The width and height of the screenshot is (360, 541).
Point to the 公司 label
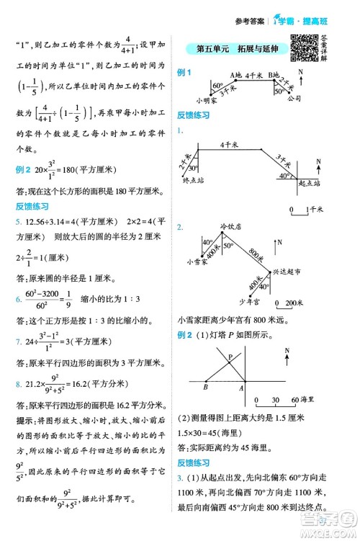pos(293,99)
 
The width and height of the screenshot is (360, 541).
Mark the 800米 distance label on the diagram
pos(255,251)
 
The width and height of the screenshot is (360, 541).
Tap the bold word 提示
pos(24,419)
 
